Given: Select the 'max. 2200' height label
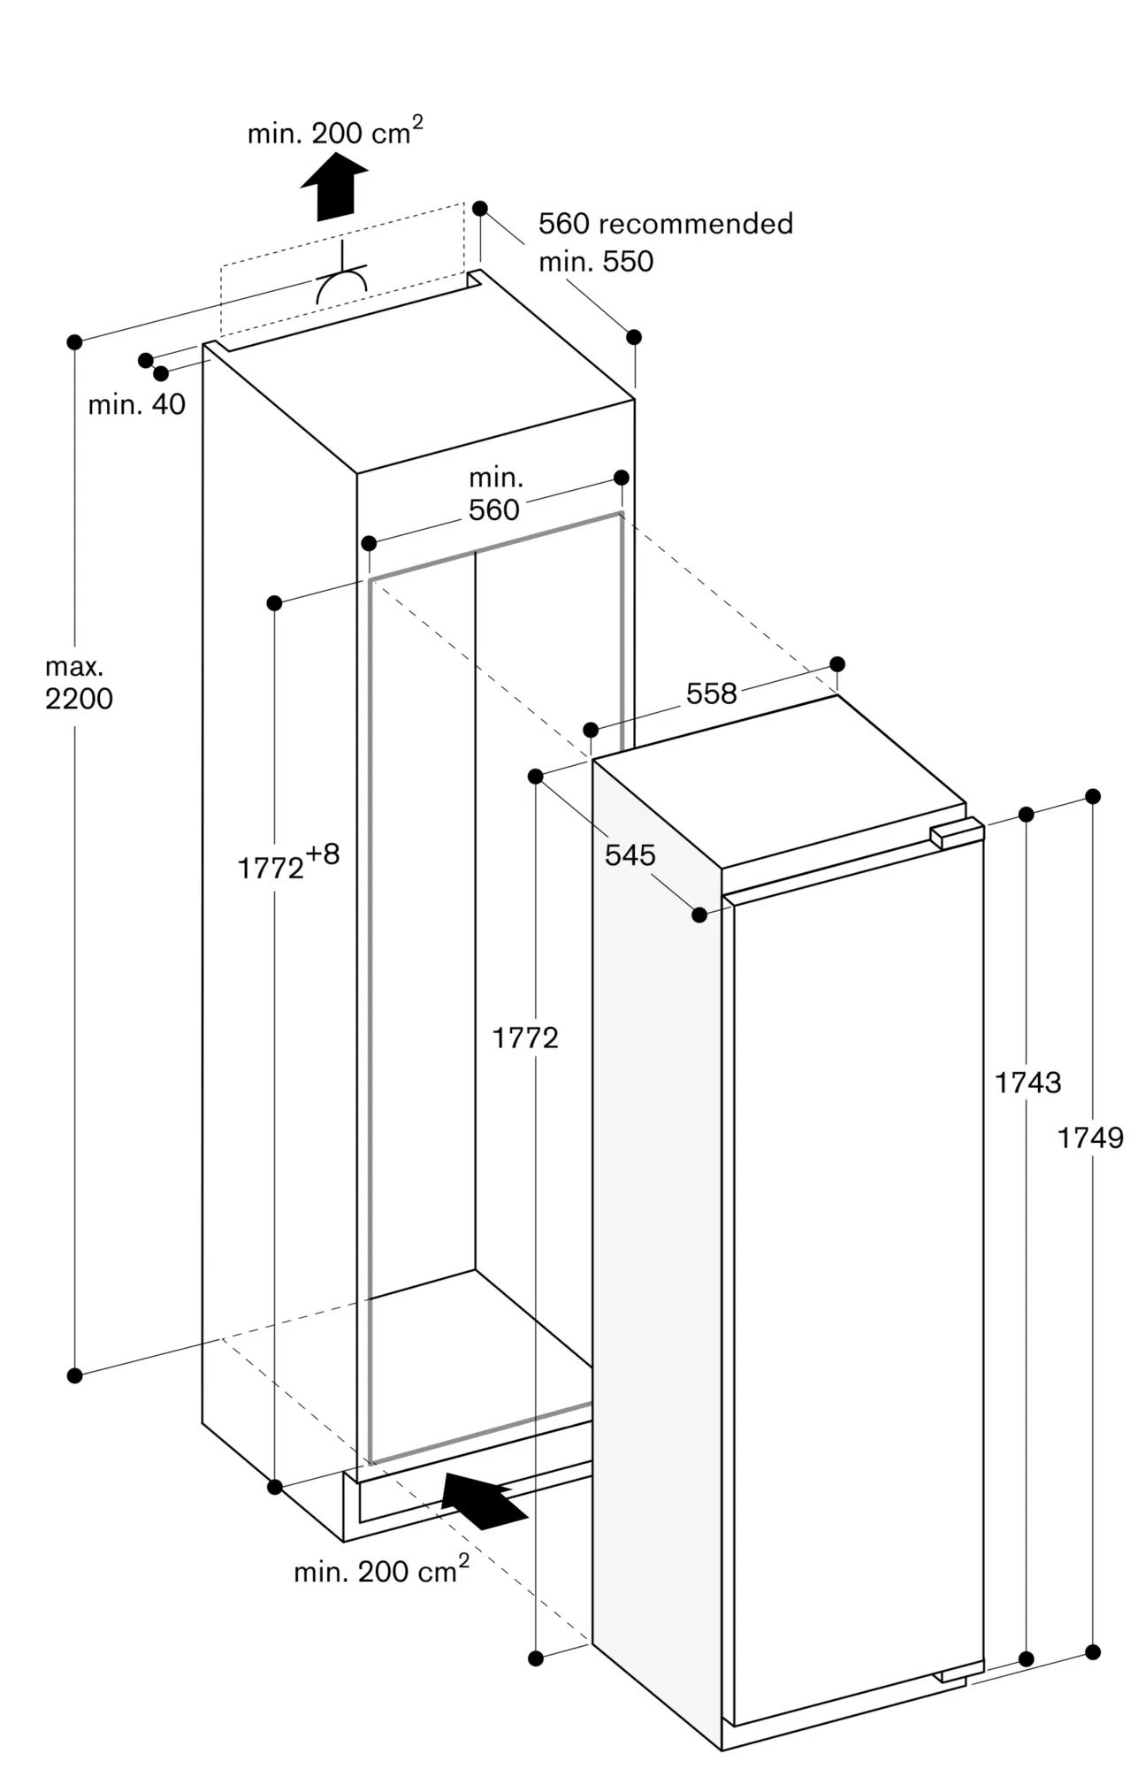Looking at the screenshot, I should pos(79,684).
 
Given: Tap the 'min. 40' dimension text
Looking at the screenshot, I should pos(137,404).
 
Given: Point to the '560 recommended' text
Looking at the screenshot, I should pos(665,223).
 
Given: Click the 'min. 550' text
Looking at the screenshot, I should pos(596,261).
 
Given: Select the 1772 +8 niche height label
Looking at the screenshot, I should pos(288,863).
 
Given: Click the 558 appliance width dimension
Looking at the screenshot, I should pos(711,693).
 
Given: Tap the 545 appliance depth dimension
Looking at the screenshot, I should pos(630,854).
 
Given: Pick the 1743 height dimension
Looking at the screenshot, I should pos(1027,1082).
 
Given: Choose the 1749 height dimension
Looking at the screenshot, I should pos(1090,1137).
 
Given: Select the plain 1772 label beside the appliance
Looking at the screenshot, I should pos(525,1037).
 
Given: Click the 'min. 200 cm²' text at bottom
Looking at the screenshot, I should pos(381,1570).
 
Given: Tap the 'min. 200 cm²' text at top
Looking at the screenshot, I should pos(334,132).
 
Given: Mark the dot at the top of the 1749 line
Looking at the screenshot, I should pos(1093,796).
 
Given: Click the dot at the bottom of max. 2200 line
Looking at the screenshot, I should pos(74,1375).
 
